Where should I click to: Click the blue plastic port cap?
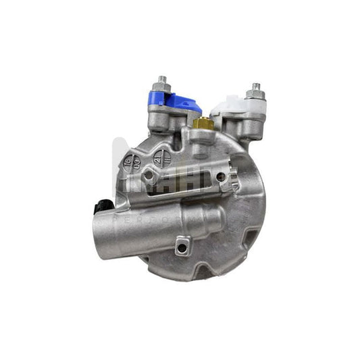tap(180, 103)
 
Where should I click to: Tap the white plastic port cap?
tap(227, 105)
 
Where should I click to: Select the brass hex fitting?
tap(202, 123)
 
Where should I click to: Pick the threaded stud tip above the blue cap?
tap(161, 79)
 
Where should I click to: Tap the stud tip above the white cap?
tap(255, 86)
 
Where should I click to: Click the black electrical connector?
tap(102, 207)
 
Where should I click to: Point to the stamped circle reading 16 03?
tap(132, 163)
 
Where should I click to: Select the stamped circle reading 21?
tap(157, 157)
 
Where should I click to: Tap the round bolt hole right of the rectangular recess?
tap(221, 177)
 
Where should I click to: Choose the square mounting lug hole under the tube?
tap(181, 247)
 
